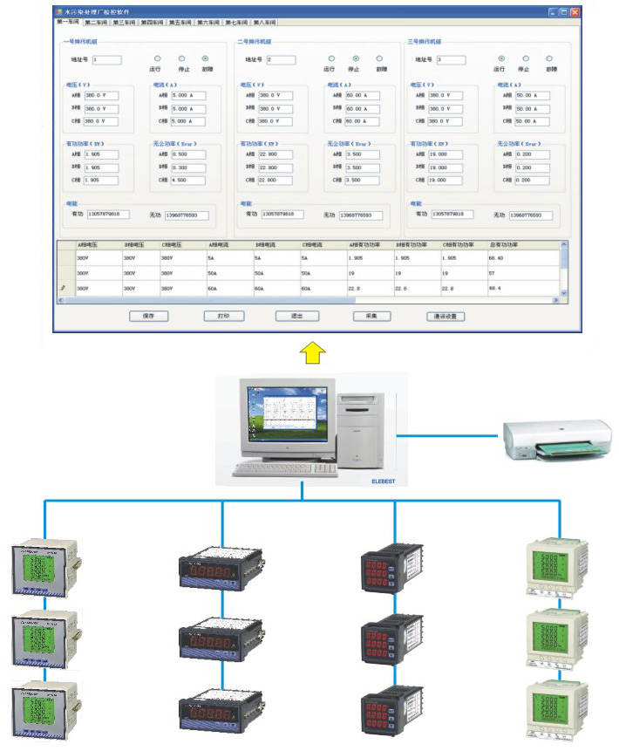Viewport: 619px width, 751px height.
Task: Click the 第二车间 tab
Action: coord(97,22)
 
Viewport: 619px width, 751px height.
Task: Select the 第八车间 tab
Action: coord(266,22)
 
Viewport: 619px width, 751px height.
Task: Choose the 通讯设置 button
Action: coord(446,317)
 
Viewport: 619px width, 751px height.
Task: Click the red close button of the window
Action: coord(575,11)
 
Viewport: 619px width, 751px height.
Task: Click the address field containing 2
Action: coord(281,60)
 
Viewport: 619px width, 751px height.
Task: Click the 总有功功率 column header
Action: coord(503,245)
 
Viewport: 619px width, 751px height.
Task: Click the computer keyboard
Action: coord(278,468)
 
